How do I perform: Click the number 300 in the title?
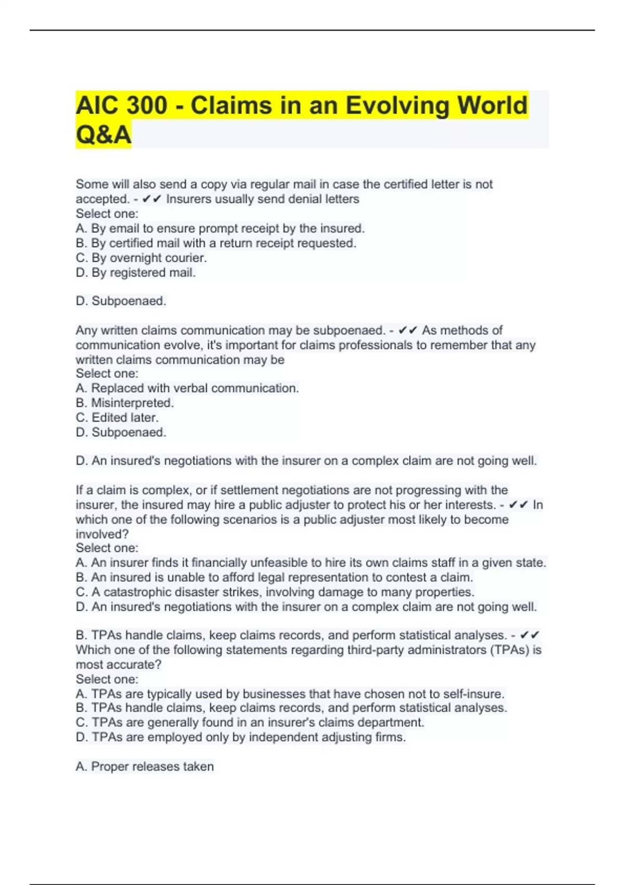[x=146, y=105]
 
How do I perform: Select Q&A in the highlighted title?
[x=103, y=134]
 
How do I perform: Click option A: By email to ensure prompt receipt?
[x=220, y=228]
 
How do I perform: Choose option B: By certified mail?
[x=216, y=243]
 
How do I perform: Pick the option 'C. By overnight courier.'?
[x=141, y=258]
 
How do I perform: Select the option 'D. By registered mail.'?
[x=135, y=272]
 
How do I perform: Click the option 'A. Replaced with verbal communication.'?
[x=187, y=388]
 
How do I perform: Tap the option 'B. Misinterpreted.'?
[x=124, y=402]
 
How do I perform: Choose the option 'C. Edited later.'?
[x=117, y=417]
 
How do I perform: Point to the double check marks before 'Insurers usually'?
[x=152, y=199]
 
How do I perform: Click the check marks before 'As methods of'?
[x=408, y=330]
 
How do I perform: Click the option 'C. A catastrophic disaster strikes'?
[x=274, y=592]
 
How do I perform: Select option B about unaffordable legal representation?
[x=274, y=577]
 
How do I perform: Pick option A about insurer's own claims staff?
[x=310, y=562]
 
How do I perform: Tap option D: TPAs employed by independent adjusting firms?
[x=240, y=737]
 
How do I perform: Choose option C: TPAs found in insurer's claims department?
[x=249, y=722]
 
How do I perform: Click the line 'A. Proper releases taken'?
[x=144, y=766]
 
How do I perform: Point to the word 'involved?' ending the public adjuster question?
[x=102, y=534]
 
